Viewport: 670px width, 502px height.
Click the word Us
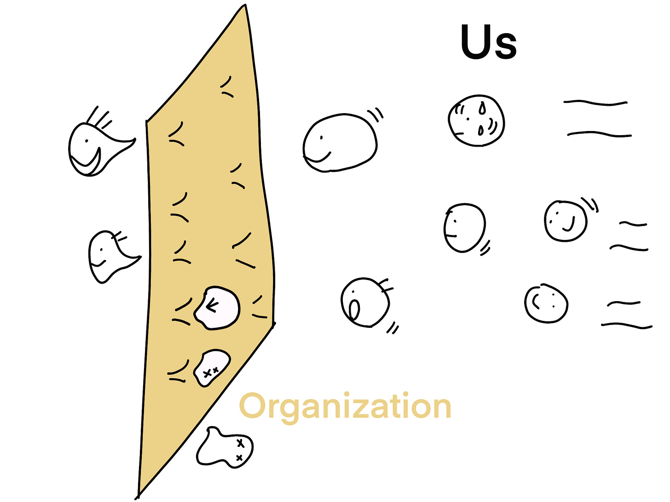click(x=489, y=42)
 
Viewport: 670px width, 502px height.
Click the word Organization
click(x=345, y=406)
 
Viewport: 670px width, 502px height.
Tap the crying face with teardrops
click(x=476, y=120)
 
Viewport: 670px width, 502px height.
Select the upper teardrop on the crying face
click(x=482, y=108)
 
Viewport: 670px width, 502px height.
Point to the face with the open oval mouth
click(x=365, y=302)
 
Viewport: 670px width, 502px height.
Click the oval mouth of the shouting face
click(x=354, y=309)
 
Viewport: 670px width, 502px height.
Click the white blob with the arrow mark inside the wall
click(x=217, y=308)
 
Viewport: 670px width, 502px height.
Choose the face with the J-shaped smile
click(x=566, y=221)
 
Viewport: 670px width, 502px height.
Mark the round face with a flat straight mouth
click(x=464, y=228)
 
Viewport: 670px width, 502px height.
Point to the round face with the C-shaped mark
click(x=546, y=304)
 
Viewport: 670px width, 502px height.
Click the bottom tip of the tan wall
click(x=138, y=496)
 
